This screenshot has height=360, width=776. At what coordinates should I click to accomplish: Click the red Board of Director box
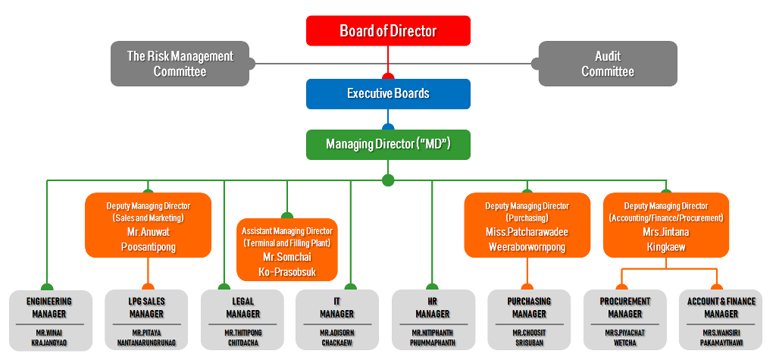coord(388,31)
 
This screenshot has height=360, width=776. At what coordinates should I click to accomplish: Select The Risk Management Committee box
coord(180,63)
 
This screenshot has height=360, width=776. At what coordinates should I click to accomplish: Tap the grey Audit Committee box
coord(607,63)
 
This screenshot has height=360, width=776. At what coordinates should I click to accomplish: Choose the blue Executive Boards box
coord(388,94)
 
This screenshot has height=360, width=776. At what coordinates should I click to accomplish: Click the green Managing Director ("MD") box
coord(388,144)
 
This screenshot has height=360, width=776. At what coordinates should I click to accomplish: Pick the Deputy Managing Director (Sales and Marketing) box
coord(148,225)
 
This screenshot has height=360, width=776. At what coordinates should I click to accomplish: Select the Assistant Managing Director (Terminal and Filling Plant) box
coord(287,250)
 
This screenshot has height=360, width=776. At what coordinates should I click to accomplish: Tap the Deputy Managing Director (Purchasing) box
coord(527,225)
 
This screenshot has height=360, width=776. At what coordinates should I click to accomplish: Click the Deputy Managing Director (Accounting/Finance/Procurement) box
coord(666,225)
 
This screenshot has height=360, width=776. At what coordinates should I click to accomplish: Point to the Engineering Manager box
coord(49,321)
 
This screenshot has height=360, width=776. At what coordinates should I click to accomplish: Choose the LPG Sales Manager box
coord(146,321)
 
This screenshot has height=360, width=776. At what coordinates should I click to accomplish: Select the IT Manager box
coord(336,321)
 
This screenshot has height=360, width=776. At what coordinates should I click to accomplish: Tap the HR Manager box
coord(433,321)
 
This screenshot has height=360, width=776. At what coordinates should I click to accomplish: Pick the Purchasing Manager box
coord(527,321)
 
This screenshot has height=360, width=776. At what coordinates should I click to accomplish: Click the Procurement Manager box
coord(624,321)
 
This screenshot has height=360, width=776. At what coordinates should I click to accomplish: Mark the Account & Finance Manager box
coord(721,321)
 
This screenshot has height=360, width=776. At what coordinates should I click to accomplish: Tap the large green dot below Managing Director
coord(388,180)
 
